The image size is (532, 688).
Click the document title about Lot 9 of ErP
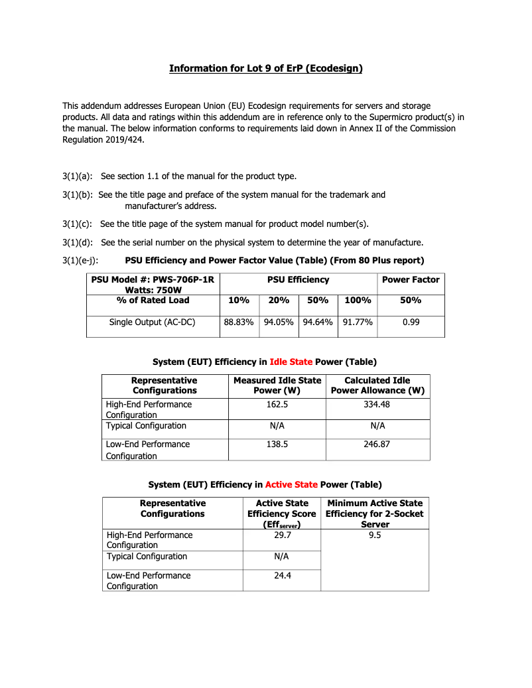pyautogui.click(x=265, y=68)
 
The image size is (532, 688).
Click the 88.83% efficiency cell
pyautogui.click(x=239, y=322)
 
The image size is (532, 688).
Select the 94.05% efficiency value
pyautogui.click(x=279, y=322)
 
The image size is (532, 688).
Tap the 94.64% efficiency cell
pyautogui.click(x=318, y=322)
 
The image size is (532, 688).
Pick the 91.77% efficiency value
pyautogui.click(x=358, y=322)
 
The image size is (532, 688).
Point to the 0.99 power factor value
pyautogui.click(x=411, y=322)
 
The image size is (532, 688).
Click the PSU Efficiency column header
pyautogui.click(x=298, y=279)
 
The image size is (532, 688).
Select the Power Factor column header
pyautogui.click(x=411, y=279)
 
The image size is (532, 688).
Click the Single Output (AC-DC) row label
pyautogui.click(x=152, y=322)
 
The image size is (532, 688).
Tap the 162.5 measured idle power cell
pyautogui.click(x=277, y=404)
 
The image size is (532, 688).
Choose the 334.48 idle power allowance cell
pyautogui.click(x=377, y=404)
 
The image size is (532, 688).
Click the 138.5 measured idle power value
pyautogui.click(x=277, y=444)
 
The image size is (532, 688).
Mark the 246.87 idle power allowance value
pyautogui.click(x=377, y=444)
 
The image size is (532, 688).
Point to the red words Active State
pyautogui.click(x=291, y=485)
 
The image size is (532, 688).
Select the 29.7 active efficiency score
pyautogui.click(x=283, y=535)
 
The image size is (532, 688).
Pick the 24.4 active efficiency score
pyautogui.click(x=283, y=575)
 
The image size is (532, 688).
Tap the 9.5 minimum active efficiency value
pyautogui.click(x=375, y=535)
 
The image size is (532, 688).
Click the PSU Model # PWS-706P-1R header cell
pyautogui.click(x=153, y=285)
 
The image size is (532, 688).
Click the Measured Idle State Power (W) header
pyautogui.click(x=277, y=385)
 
